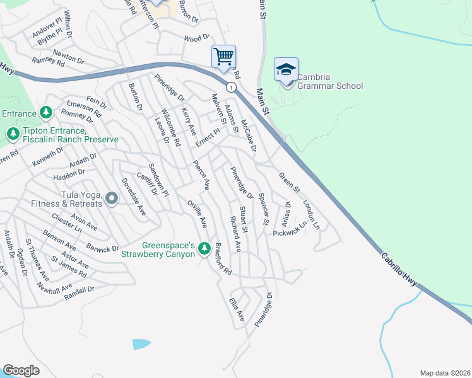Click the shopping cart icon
223,56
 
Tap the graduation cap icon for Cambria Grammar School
286,69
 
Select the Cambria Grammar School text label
329,86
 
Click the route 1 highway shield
232,86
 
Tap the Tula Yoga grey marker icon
112,199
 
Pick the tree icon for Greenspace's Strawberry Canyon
204,249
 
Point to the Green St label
290,183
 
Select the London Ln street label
311,214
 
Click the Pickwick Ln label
290,229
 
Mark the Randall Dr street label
79,290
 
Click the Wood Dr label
196,38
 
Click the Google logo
21,370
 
